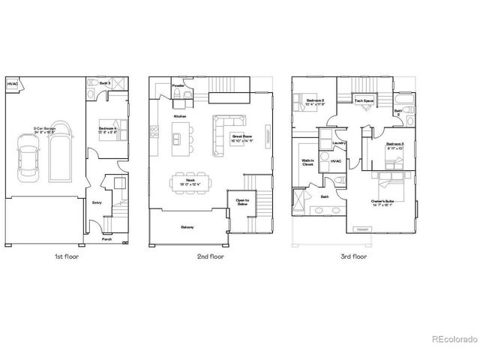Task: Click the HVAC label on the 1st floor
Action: [x=12, y=84]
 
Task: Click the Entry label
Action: [x=97, y=202]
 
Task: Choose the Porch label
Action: [x=106, y=240]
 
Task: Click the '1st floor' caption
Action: [x=67, y=256]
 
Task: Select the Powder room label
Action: [x=178, y=85]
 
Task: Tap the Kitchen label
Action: [x=180, y=117]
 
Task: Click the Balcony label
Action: [x=187, y=226]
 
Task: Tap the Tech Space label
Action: [x=364, y=100]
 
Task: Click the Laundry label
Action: [x=337, y=143]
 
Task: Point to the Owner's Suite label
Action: [x=382, y=202]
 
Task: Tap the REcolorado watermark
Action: [x=453, y=340]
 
